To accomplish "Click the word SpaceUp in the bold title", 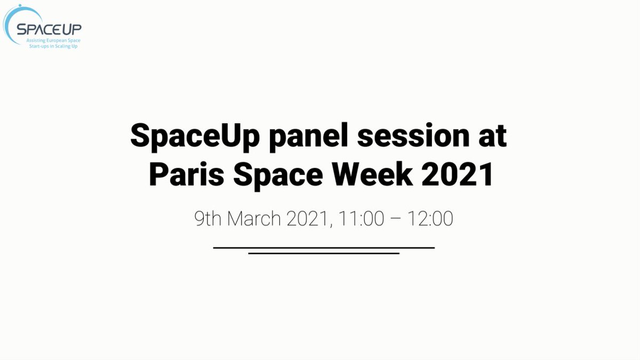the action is tap(195, 137).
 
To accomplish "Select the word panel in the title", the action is tap(309, 137).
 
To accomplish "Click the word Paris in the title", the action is tap(187, 174).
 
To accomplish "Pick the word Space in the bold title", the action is tap(278, 175).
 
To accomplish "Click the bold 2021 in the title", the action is tap(457, 174).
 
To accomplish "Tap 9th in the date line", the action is tap(207, 219).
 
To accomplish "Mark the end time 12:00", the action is tap(430, 219).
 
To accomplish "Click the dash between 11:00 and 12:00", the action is tap(396, 219).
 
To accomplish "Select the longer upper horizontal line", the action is tap(324, 247).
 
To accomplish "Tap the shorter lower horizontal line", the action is tap(324, 253).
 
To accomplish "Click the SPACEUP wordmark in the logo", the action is tap(49, 29).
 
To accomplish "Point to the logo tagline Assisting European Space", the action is tap(53, 41).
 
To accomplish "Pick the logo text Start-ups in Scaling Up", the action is tap(53, 46).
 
